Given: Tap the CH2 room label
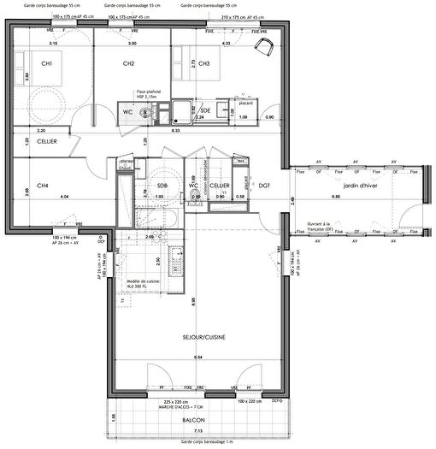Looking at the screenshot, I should [129, 64].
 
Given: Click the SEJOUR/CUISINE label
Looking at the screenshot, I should [197, 337].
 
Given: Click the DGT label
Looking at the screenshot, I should [265, 186].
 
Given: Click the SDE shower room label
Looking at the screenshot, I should [205, 110].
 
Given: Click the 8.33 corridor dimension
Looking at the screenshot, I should [176, 131].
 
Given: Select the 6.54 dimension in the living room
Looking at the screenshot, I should [197, 356].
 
